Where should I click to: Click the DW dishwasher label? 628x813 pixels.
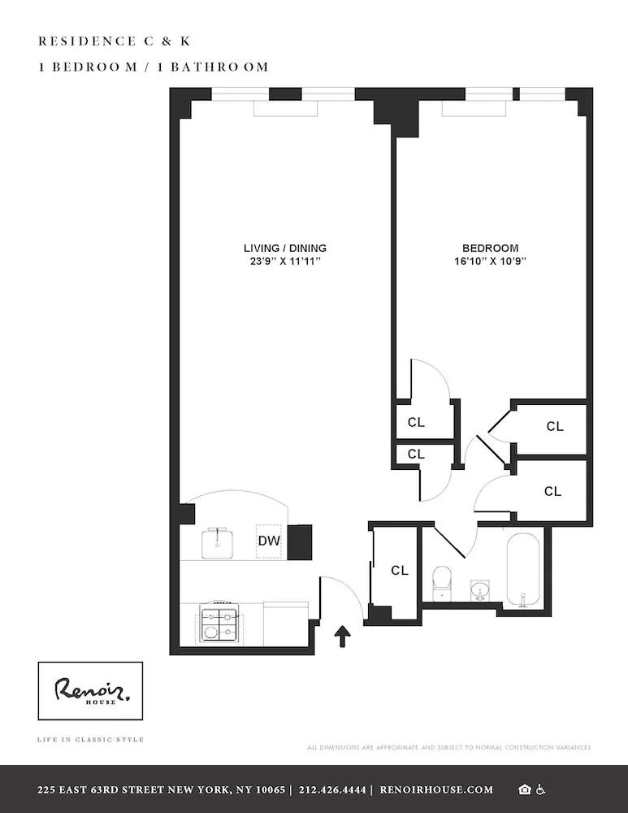[x=269, y=541]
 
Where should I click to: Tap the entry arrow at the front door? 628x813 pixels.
[x=343, y=636]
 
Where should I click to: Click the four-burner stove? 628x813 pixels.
[x=219, y=624]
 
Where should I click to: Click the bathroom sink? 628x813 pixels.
[x=480, y=589]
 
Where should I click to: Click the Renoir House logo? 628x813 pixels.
[x=90, y=691]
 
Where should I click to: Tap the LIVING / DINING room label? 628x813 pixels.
[x=285, y=248]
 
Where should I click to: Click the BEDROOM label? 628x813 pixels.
[x=490, y=248]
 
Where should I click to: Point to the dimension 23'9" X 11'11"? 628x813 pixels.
[x=285, y=262]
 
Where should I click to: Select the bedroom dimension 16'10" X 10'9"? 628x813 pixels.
[x=490, y=262]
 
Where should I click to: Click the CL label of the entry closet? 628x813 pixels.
[x=399, y=571]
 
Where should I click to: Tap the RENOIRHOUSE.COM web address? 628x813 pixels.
[x=436, y=789]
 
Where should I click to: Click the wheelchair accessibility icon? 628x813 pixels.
[x=541, y=789]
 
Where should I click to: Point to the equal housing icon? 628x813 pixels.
[x=525, y=789]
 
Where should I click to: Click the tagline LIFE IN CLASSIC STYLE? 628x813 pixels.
[x=90, y=740]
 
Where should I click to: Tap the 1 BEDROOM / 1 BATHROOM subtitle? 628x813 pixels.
[x=153, y=67]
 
